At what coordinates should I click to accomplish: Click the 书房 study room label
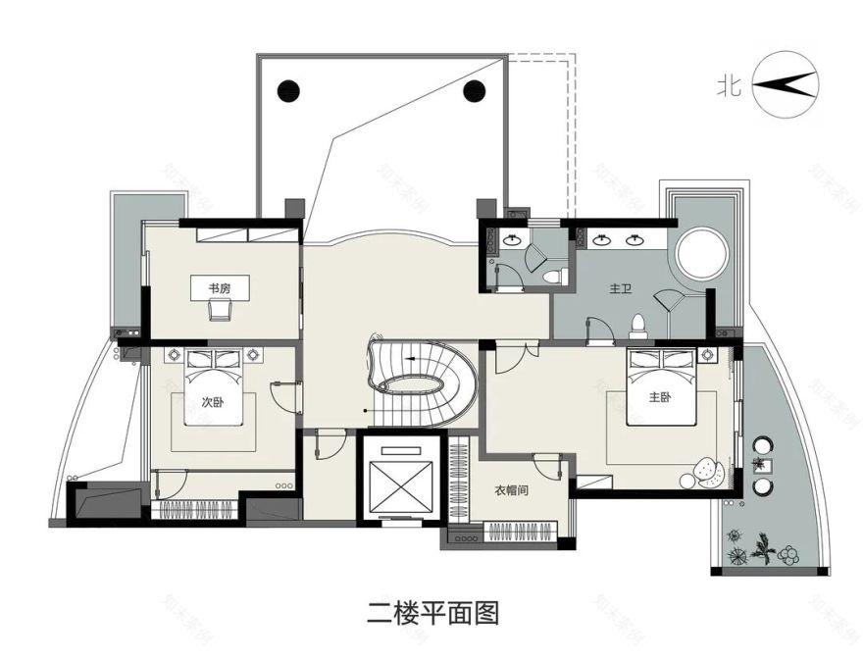218,288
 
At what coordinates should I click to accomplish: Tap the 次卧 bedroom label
213,401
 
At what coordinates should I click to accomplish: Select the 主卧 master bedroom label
660,397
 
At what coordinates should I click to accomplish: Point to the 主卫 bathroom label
619,289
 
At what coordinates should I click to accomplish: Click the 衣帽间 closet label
512,490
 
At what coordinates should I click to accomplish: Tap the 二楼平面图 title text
432,614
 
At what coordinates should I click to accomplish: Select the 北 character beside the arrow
728,86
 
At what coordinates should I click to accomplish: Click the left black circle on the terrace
288,91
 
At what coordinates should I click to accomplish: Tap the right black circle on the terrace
475,91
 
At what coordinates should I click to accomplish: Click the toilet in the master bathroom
637,324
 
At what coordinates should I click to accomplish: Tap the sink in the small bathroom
512,239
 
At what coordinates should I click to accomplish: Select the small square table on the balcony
763,467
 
